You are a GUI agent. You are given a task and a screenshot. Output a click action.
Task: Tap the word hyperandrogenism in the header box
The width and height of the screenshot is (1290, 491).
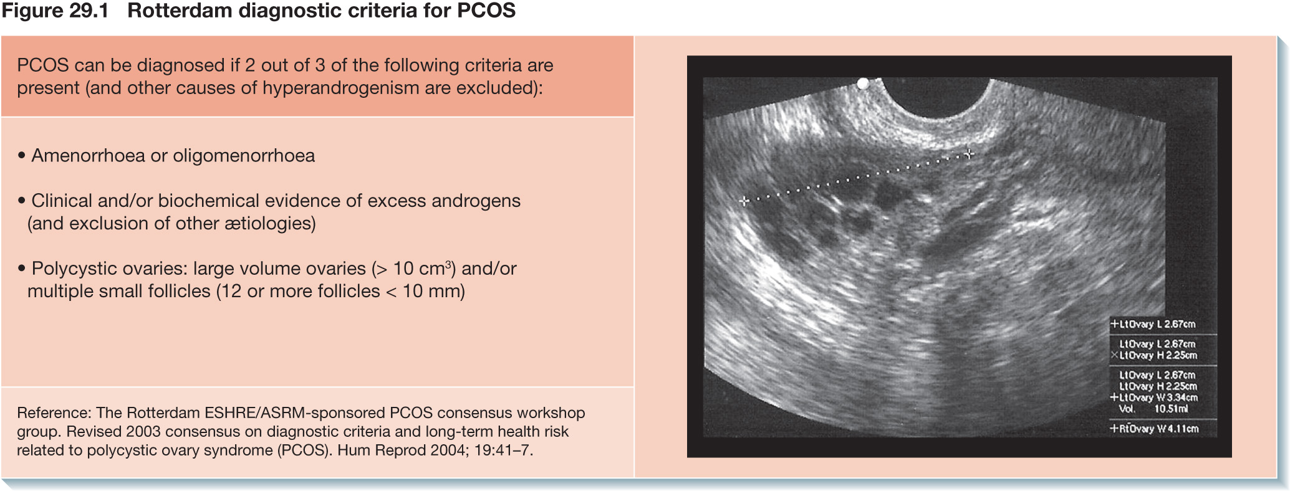[x=341, y=88]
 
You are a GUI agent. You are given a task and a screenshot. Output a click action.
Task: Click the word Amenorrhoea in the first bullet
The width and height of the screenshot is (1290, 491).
[x=88, y=155]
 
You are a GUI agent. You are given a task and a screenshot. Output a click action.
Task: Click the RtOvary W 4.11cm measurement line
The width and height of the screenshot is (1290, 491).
[x=1154, y=429]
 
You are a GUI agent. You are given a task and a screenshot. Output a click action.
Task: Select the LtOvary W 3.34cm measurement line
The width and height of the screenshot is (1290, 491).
[x=1154, y=398]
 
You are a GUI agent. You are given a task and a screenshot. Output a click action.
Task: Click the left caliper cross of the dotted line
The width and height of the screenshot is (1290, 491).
[x=744, y=201]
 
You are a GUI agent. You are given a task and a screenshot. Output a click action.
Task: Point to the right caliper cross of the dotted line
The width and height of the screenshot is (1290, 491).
[x=968, y=153]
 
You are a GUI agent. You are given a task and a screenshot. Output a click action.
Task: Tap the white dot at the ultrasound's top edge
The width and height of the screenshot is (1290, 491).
[x=863, y=83]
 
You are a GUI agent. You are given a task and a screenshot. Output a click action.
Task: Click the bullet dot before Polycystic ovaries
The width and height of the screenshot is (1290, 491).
[x=22, y=269]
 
